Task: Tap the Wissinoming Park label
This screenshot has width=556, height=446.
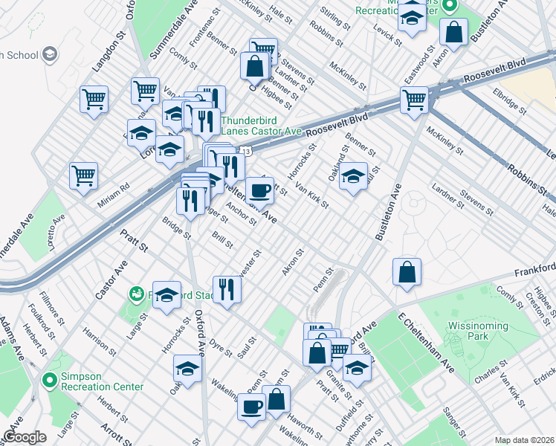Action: click(x=479, y=332)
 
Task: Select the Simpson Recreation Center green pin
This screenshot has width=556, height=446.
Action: click(x=50, y=381)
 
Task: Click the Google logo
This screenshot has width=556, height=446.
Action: click(x=24, y=437)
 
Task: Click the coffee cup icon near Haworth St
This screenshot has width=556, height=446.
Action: click(x=251, y=406)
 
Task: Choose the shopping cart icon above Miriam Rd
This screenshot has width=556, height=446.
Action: click(x=83, y=176)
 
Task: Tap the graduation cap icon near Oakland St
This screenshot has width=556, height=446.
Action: click(x=354, y=177)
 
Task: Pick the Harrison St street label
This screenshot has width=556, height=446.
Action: click(x=97, y=342)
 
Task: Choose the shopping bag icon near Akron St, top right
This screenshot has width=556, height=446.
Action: click(x=453, y=33)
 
